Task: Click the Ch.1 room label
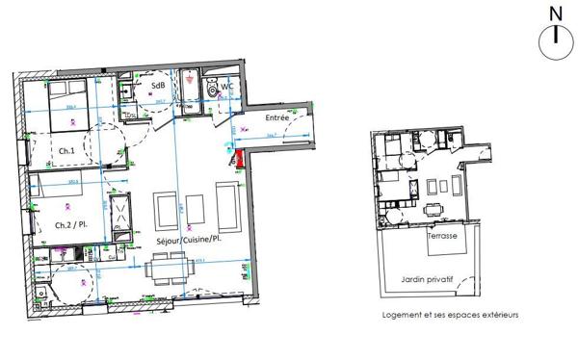coord(66,152)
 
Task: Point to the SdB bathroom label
coord(157,85)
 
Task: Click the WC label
coord(228,87)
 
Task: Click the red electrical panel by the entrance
coord(240,160)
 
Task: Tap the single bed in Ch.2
coord(58,192)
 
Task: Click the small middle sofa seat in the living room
coord(196,206)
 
